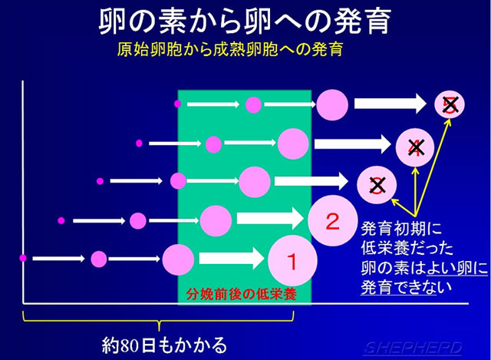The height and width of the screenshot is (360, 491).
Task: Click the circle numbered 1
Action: pyautogui.click(x=292, y=260)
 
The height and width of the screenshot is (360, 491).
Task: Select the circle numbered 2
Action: pyautogui.click(x=332, y=220)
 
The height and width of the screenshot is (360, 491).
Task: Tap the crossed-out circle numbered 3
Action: pyautogui.click(x=377, y=185)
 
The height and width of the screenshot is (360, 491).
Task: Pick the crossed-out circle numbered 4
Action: pyautogui.click(x=415, y=147)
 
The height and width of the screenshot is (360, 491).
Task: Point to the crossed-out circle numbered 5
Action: pyautogui.click(x=450, y=104)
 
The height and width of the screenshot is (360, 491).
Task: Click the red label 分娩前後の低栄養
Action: pyautogui.click(x=241, y=294)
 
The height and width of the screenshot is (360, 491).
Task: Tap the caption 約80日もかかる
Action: pyautogui.click(x=164, y=345)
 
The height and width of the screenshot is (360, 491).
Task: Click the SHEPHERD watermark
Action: pyautogui.click(x=414, y=348)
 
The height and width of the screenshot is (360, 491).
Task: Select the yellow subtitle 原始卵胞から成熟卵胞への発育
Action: pyautogui.click(x=230, y=49)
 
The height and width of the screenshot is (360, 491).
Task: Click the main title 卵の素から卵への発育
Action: pyautogui.click(x=245, y=21)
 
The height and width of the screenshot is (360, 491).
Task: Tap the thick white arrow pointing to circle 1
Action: pyautogui.click(x=232, y=259)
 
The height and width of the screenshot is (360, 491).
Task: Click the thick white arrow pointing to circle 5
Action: pyautogui.click(x=390, y=104)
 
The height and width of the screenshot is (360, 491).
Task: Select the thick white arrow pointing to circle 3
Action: pyautogui.click(x=311, y=181)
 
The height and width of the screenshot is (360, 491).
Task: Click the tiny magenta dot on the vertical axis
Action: pyautogui.click(x=23, y=258)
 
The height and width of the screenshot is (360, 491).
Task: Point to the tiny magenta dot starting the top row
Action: pyautogui.click(x=177, y=104)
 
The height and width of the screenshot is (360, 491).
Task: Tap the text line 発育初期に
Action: pyautogui.click(x=401, y=229)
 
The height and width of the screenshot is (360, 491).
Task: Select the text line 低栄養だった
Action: pyautogui.click(x=407, y=248)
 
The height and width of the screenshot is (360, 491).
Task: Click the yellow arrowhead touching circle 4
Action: pyautogui.click(x=416, y=170)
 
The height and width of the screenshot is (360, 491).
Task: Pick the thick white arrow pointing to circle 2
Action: pyautogui.click(x=270, y=219)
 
